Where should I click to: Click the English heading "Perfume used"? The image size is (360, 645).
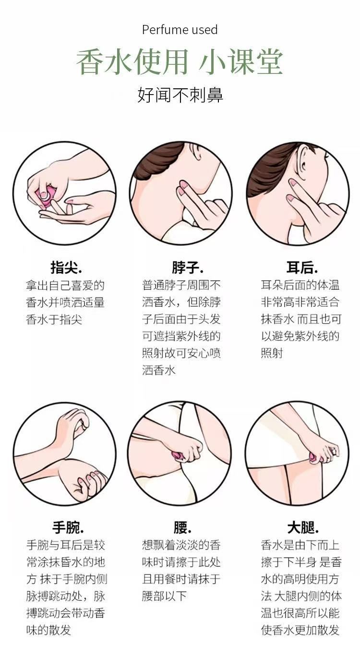(x=180, y=30)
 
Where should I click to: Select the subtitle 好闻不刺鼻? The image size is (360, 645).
(x=180, y=95)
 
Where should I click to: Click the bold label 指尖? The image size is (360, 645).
(x=66, y=267)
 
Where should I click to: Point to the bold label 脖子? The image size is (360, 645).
(x=188, y=267)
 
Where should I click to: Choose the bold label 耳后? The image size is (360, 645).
(x=302, y=267)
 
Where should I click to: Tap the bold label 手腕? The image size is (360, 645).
(x=68, y=527)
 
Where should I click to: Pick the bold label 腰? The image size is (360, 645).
(x=182, y=527)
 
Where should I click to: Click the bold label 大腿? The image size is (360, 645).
(x=303, y=527)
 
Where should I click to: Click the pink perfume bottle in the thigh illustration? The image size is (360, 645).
(x=314, y=458)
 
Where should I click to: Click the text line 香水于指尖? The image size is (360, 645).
(x=54, y=319)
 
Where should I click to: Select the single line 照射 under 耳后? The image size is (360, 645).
(x=272, y=353)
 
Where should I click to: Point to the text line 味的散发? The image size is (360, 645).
(x=48, y=630)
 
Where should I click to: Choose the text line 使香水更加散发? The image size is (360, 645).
(x=300, y=630)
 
